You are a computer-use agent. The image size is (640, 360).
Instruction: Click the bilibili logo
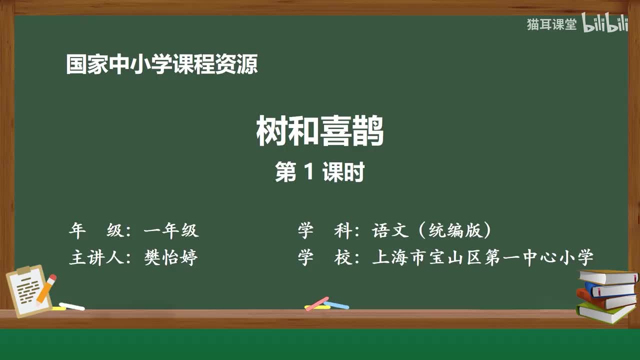click(605, 24)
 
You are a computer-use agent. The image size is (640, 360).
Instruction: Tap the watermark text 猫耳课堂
click(551, 24)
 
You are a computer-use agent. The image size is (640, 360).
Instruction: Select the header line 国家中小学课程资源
click(162, 64)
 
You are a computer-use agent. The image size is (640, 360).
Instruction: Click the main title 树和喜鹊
click(320, 131)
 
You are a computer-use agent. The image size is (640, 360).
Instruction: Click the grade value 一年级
click(171, 230)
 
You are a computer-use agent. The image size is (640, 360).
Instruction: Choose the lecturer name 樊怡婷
click(171, 258)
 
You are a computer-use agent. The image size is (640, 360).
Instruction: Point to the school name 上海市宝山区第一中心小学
click(482, 258)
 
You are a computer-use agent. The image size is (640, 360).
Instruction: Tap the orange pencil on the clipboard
click(46, 288)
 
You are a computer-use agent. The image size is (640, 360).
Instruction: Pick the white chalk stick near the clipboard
click(71, 306)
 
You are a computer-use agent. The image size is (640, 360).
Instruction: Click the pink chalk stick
click(317, 303)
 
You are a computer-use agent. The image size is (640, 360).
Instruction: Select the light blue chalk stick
click(336, 304)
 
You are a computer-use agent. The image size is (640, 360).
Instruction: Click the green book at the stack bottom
click(605, 312)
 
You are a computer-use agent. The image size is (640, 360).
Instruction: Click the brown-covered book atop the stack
click(608, 276)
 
